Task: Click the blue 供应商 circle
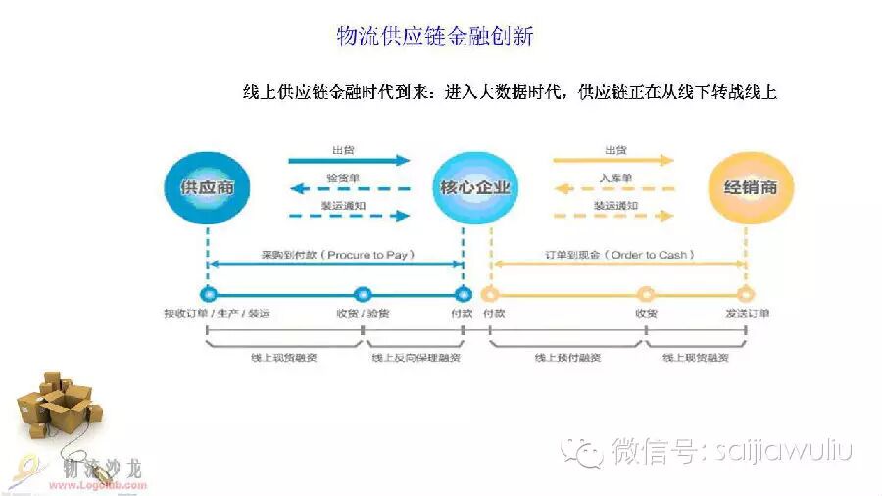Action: [x=207, y=186]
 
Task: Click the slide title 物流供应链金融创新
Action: [x=435, y=37]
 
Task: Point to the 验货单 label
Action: [x=343, y=177]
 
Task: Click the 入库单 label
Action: [x=614, y=177]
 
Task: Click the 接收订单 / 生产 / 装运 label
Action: [x=217, y=314]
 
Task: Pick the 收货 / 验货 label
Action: [x=362, y=314]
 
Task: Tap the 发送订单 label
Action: [x=747, y=314]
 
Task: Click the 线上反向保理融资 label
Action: [x=416, y=358]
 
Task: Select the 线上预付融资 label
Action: [x=567, y=358]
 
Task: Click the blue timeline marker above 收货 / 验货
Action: [x=362, y=293]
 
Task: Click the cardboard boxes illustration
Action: [x=55, y=401]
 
